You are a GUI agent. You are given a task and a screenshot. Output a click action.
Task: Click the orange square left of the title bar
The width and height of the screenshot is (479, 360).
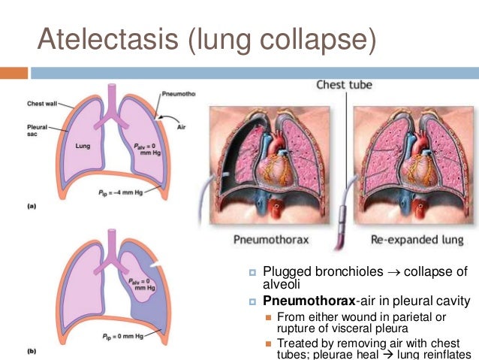(x=13, y=73)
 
